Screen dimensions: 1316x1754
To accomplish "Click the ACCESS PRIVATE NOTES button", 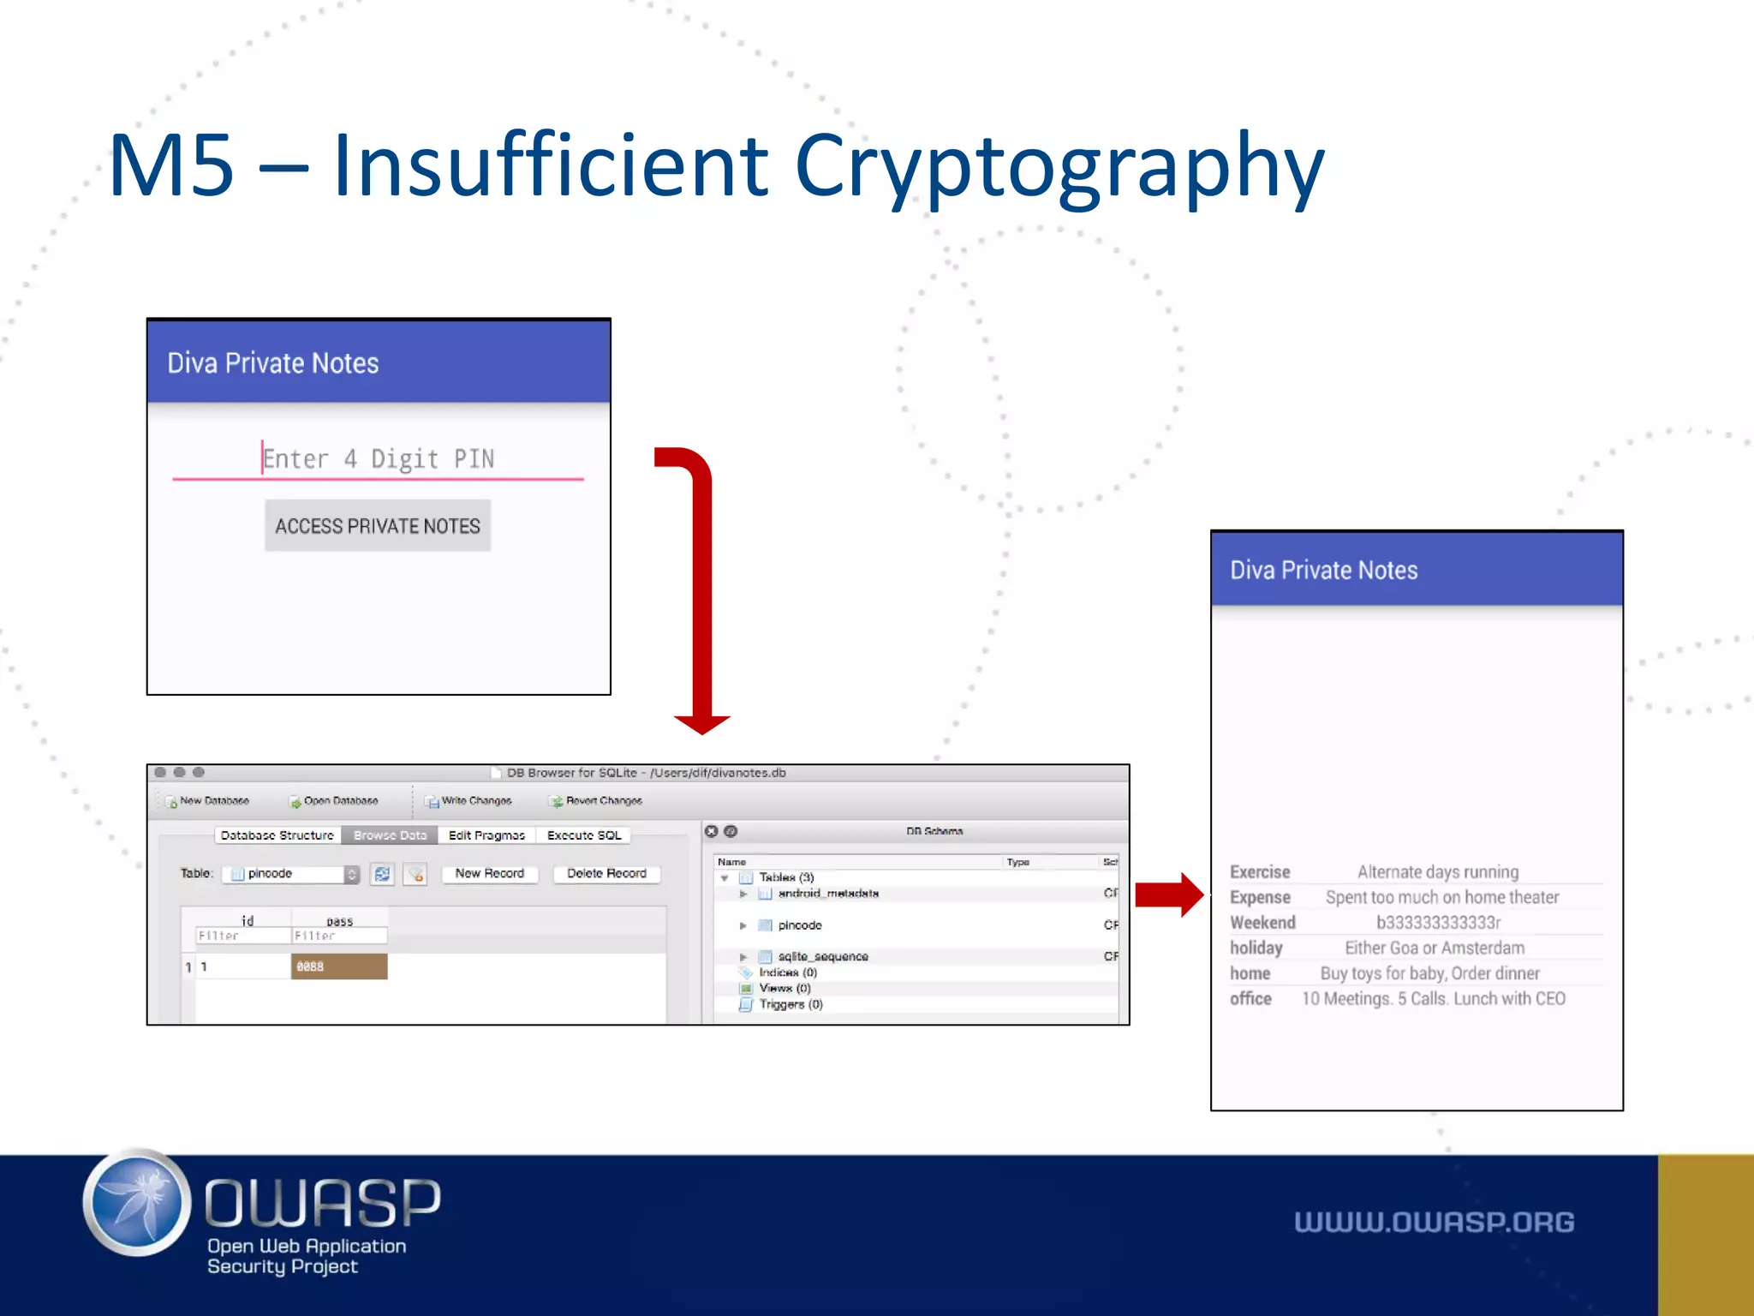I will click(377, 525).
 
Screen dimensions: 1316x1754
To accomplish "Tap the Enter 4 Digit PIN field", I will click(378, 459).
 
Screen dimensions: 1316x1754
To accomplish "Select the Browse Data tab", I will click(390, 834).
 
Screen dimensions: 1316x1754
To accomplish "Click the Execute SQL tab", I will click(584, 834).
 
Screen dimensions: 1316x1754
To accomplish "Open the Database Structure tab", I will click(277, 834).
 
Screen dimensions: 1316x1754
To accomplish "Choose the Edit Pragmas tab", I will click(486, 834).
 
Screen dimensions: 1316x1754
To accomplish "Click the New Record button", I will click(489, 873).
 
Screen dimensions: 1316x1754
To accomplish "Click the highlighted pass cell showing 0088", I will click(339, 966).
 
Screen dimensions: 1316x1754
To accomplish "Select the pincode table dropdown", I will click(290, 873).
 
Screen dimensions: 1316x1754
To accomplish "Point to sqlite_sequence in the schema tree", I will click(822, 956).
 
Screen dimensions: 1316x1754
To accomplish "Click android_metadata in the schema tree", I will click(827, 893).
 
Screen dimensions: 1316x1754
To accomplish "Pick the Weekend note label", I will click(1262, 922).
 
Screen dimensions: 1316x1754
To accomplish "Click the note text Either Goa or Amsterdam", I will click(1435, 948).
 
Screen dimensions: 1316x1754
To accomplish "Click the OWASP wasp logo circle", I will click(137, 1202).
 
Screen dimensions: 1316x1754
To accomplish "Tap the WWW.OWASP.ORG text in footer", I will click(1434, 1222).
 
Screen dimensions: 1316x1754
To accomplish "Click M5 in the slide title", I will click(171, 165).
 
